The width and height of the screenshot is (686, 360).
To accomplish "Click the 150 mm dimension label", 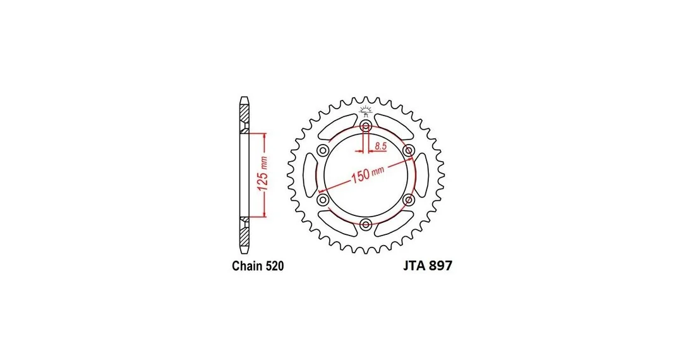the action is (x=368, y=174).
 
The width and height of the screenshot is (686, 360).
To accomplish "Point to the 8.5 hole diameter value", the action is (x=381, y=146).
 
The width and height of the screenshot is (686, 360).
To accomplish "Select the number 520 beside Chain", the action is (x=275, y=266).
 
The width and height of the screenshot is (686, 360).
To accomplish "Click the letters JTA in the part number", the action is (x=414, y=265).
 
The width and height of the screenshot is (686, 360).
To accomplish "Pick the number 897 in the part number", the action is (x=440, y=265).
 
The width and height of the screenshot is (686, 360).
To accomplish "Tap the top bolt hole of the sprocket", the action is (x=366, y=126).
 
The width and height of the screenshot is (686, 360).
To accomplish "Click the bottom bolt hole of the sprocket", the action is (x=366, y=224).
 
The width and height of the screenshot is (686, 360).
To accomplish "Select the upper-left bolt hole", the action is (x=323, y=151).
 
